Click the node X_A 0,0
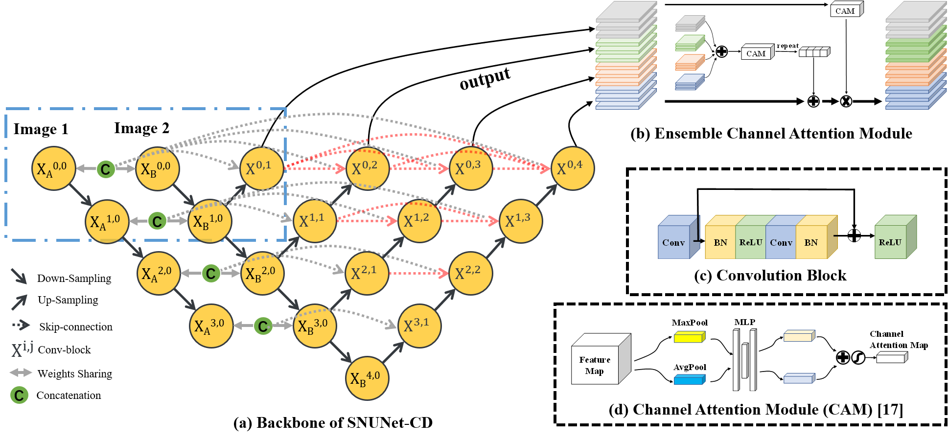53,168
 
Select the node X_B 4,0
367,378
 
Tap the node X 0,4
573,168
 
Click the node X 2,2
470,273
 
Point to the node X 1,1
315,221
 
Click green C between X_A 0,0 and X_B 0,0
106,169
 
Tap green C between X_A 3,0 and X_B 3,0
263,326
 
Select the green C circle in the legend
20,395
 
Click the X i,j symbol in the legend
22,349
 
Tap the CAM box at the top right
846,10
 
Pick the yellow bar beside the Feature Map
689,337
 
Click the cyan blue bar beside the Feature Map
689,379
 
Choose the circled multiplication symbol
846,101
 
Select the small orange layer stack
690,62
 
